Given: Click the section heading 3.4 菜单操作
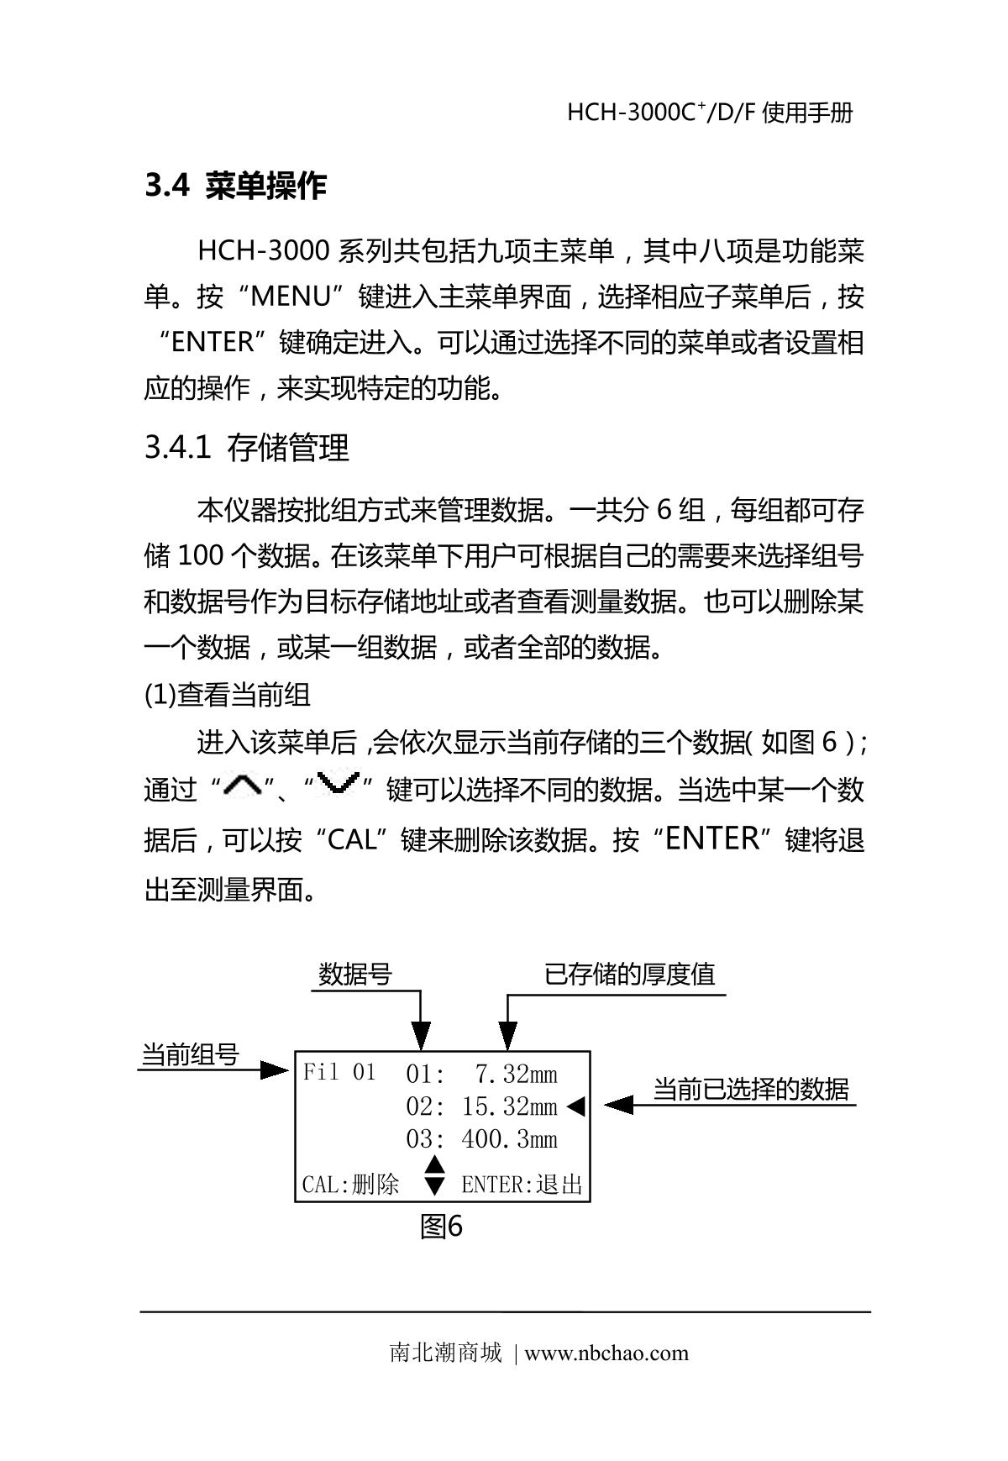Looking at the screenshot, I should [x=235, y=186].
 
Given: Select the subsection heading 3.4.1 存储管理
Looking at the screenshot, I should [x=246, y=448].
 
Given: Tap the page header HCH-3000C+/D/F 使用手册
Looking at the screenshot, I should [x=710, y=113].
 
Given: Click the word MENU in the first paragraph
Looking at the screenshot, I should [x=292, y=297].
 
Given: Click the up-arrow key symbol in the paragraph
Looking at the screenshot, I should [x=243, y=786].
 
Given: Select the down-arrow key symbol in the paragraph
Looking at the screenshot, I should [x=339, y=784].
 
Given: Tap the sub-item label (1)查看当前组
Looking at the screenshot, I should [x=227, y=695].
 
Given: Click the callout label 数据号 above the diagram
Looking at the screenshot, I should [x=355, y=975].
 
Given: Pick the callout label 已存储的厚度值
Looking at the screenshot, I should [x=630, y=975].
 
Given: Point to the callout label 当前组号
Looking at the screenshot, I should [x=190, y=1054].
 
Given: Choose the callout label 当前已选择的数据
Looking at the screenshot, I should [x=751, y=1089].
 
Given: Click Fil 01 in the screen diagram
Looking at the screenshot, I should [x=339, y=1073].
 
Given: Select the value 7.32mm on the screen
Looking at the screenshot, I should [x=516, y=1074].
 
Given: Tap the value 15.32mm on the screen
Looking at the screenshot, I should [x=509, y=1106].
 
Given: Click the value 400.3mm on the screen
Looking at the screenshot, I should [x=509, y=1139].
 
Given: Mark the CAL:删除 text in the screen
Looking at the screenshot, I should [x=350, y=1185].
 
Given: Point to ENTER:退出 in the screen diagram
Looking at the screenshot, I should [x=522, y=1185].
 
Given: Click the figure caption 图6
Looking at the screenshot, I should [x=441, y=1227].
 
